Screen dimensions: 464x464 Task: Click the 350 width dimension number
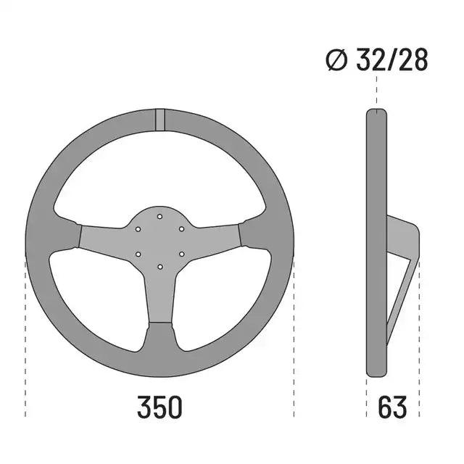point(159,407)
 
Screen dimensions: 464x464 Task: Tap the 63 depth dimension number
point(391,407)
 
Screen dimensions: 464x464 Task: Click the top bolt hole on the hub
point(159,215)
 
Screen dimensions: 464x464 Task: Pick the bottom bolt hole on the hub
point(159,266)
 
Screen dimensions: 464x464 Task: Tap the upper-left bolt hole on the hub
point(138,228)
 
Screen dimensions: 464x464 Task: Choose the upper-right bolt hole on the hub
point(181,228)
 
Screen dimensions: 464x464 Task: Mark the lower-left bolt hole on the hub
point(138,254)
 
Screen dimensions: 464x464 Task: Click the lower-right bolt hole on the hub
point(181,254)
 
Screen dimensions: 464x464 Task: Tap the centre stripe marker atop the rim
point(159,120)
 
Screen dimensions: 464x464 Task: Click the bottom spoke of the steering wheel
point(159,304)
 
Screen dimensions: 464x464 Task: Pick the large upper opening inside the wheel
point(159,174)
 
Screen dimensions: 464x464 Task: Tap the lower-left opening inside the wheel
point(98,297)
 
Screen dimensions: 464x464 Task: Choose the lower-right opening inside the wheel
point(221,297)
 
